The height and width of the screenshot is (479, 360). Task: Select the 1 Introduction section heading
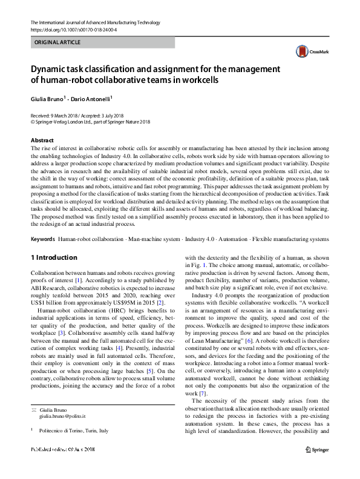tap(54, 257)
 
